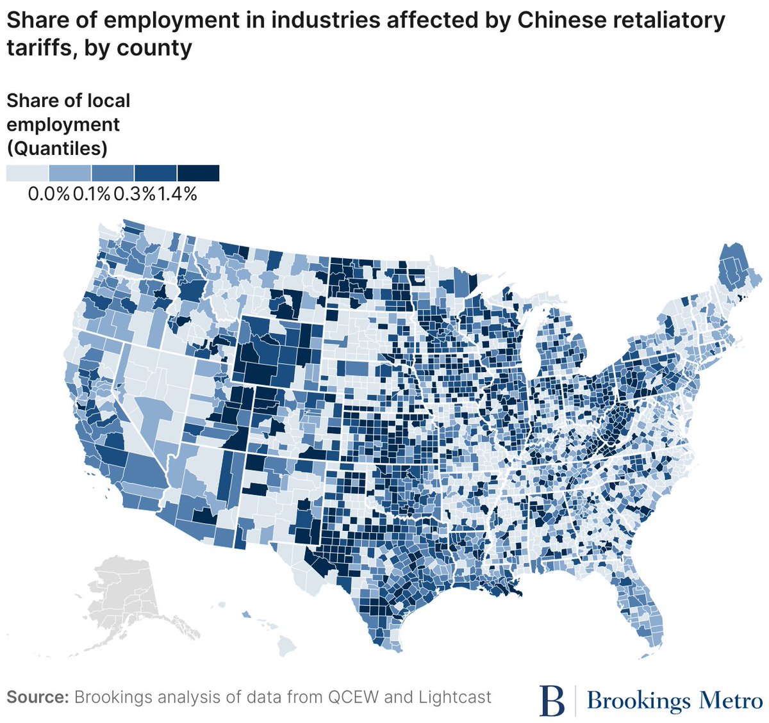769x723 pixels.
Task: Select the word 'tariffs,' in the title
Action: tap(42, 48)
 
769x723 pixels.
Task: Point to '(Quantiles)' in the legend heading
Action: tap(57, 149)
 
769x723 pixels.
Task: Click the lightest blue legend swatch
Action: tap(27, 173)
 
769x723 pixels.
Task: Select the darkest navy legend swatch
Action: tap(198, 173)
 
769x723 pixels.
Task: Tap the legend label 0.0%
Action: tap(49, 194)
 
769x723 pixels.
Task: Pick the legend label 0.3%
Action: tap(134, 194)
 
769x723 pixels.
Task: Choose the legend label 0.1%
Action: tap(91, 194)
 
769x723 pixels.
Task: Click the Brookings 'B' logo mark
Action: tap(552, 700)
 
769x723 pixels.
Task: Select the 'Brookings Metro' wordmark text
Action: tap(674, 700)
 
